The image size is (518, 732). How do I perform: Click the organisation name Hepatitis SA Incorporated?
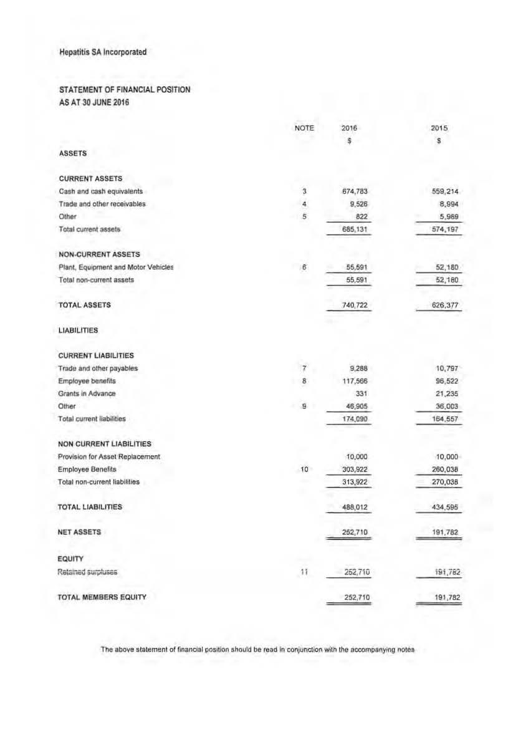coord(102,52)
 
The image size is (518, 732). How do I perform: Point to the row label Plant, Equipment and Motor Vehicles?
coord(116,267)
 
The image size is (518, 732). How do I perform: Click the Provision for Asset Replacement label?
coord(109,456)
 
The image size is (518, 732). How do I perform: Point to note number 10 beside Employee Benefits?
coord(304,469)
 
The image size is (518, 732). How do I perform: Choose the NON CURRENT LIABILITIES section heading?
coord(105,444)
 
